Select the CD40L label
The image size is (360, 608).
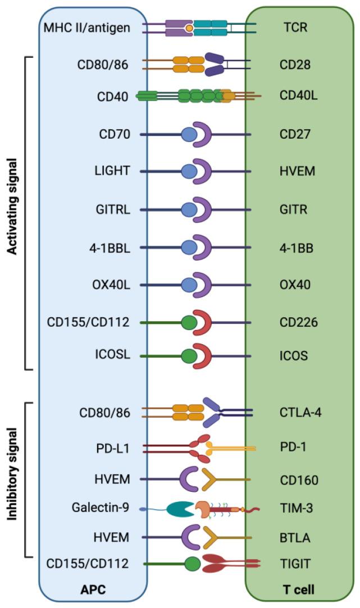298,97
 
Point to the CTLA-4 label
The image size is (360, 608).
300,413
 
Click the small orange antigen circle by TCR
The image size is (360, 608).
190,28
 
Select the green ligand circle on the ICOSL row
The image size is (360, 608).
189,356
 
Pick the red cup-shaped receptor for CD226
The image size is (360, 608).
203,322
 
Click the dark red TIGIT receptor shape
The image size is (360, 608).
216,564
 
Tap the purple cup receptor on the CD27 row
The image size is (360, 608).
203,135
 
